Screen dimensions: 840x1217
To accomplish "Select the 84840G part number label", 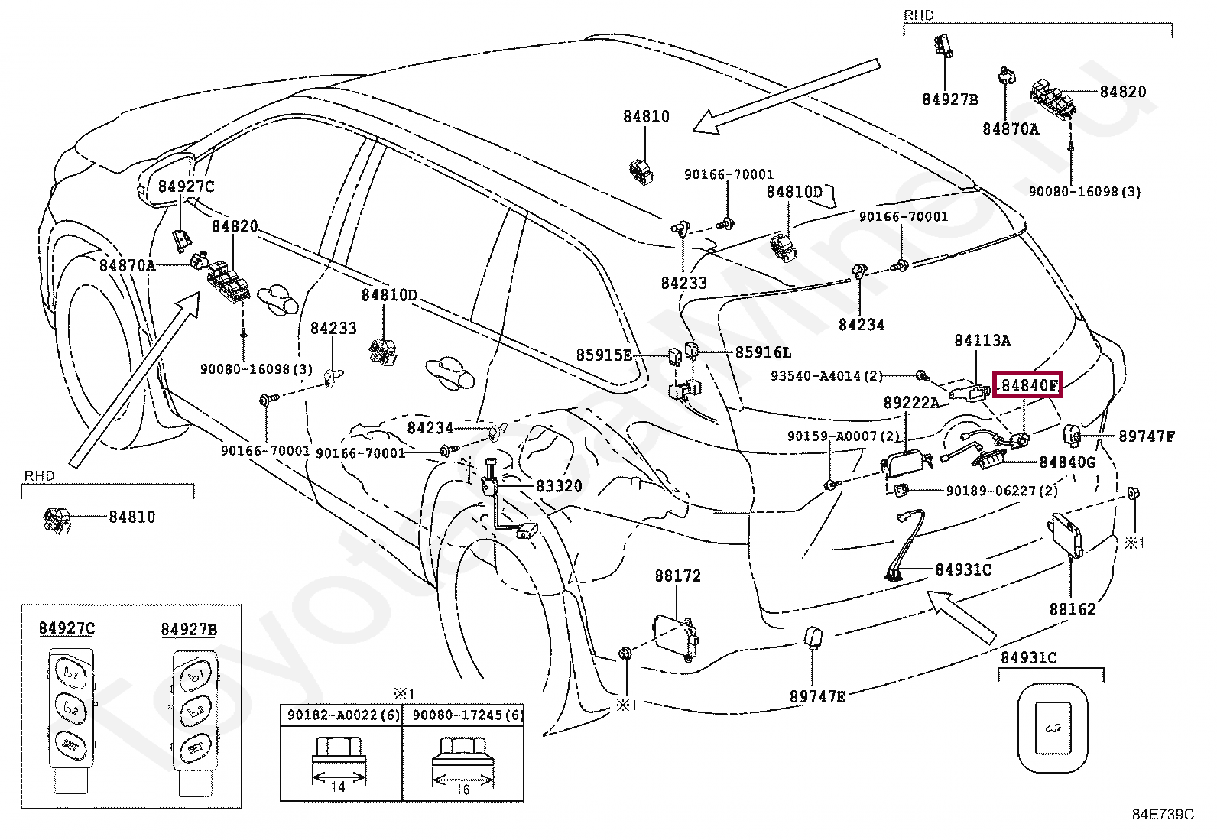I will (1067, 462).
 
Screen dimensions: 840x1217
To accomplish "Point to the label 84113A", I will (982, 341).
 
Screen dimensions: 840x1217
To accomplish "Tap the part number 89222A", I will (911, 403).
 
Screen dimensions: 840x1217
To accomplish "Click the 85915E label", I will (604, 355).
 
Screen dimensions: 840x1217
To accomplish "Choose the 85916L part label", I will (763, 352).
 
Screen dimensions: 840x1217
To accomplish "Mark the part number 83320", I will (559, 486).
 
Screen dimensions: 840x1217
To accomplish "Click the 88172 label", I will (677, 576).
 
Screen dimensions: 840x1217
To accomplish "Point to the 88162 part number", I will (1072, 609).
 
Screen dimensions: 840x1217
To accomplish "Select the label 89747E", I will (817, 696).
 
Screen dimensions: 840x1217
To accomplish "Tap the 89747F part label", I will (1146, 436).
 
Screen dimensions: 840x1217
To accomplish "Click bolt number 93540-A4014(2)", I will (826, 376).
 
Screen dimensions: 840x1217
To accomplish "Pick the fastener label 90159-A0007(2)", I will (843, 436).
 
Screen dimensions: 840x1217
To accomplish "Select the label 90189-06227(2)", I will (1001, 491).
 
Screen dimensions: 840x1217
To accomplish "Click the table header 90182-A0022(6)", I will (343, 715).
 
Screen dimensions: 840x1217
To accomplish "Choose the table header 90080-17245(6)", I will (467, 715).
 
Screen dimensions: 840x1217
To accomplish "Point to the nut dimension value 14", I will (338, 786).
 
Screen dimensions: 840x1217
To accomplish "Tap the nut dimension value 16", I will (462, 790).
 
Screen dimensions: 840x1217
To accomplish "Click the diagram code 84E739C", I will (1162, 815).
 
